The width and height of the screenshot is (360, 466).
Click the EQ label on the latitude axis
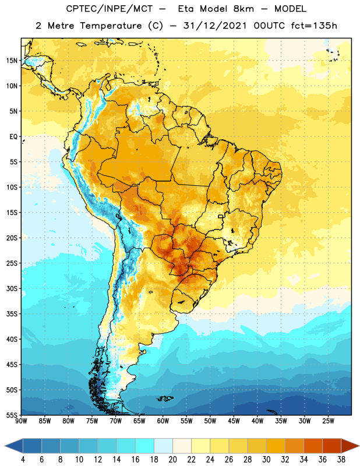(13, 137)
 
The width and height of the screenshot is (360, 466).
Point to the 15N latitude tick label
(12, 61)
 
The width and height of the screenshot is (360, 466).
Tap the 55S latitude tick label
(12, 415)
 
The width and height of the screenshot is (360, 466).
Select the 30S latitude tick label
(12, 288)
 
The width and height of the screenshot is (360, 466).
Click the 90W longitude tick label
(21, 421)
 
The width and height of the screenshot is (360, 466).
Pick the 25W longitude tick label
(328, 421)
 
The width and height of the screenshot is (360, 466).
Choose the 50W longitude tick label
(210, 421)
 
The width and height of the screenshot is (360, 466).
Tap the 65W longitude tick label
(139, 421)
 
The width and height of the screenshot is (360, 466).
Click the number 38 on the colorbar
(341, 460)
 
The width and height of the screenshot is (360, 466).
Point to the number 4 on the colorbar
(23, 460)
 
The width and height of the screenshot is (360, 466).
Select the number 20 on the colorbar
(172, 460)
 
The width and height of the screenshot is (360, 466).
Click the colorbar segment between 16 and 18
(145, 446)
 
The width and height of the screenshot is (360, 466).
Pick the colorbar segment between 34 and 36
(313, 446)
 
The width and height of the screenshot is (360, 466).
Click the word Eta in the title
(186, 9)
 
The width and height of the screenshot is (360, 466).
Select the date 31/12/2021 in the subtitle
(215, 26)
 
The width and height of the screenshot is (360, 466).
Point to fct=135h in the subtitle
(314, 26)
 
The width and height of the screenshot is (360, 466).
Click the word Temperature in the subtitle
(111, 26)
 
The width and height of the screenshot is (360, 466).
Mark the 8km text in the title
(243, 9)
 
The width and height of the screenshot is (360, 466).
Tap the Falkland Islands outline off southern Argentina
(165, 398)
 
